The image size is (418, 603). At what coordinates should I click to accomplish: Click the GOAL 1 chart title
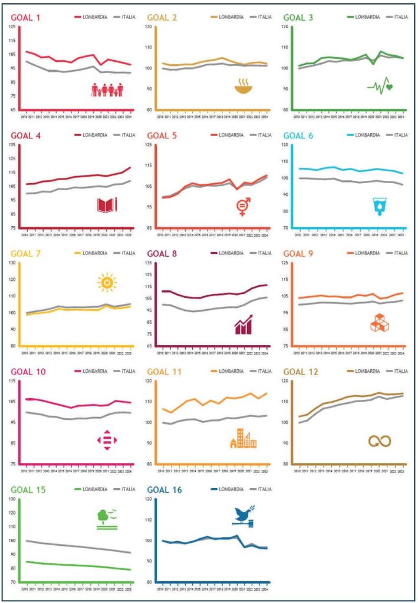25,17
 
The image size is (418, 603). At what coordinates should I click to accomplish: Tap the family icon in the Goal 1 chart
107,90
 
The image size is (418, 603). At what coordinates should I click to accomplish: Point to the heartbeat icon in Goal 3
380,86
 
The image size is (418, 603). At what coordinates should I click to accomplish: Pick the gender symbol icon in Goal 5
243,207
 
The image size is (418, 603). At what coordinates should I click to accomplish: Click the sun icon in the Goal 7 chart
107,283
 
